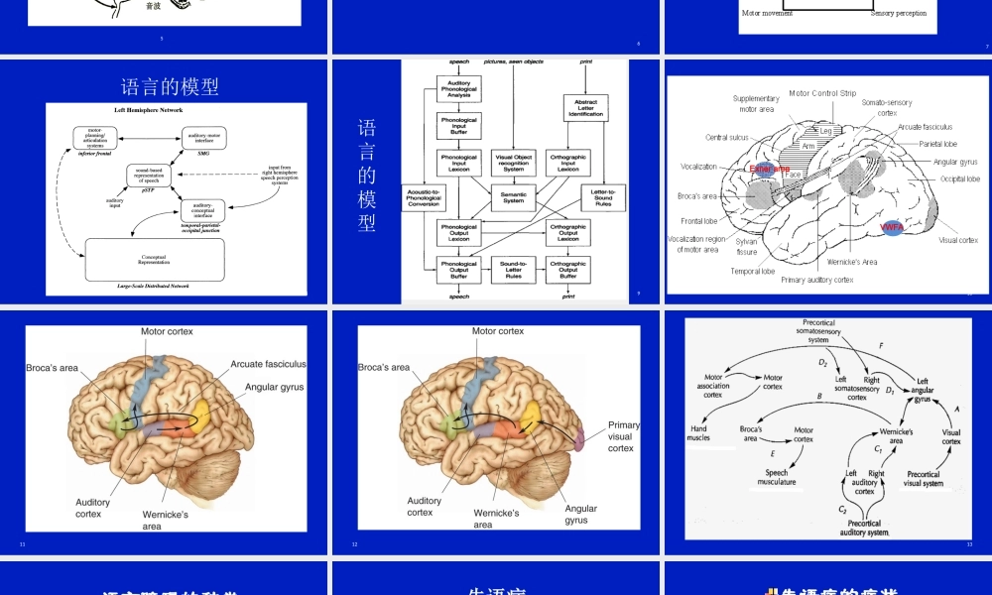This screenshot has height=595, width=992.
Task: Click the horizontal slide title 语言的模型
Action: click(x=169, y=86)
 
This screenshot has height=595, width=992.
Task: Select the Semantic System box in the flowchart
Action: click(x=513, y=197)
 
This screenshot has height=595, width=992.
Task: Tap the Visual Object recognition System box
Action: click(x=513, y=162)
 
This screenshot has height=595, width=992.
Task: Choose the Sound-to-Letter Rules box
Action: click(x=513, y=269)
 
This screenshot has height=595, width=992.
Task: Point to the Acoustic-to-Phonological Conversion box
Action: click(x=424, y=197)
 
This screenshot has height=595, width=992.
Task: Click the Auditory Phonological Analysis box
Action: click(x=459, y=89)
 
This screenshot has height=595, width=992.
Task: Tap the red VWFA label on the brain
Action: click(x=890, y=227)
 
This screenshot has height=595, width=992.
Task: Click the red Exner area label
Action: click(x=770, y=170)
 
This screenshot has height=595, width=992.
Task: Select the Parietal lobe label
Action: click(x=937, y=144)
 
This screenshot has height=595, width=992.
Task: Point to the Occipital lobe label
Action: click(x=959, y=179)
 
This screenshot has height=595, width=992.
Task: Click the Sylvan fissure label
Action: click(x=747, y=247)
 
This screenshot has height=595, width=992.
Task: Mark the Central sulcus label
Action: click(x=727, y=138)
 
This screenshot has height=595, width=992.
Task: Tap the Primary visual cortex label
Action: click(x=622, y=436)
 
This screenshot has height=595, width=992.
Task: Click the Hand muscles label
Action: click(x=699, y=433)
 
